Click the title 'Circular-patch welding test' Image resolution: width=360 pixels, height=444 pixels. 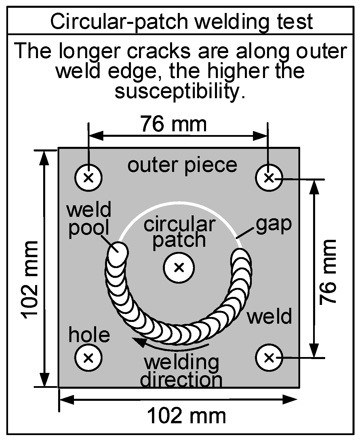click(181, 21)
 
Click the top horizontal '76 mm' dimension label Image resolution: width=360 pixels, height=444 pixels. click(174, 124)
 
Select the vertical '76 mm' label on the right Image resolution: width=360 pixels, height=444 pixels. click(328, 272)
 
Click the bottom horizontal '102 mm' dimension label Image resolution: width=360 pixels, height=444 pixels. click(187, 416)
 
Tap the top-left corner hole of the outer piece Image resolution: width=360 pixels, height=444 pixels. click(89, 178)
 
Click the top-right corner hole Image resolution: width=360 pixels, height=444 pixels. click(269, 178)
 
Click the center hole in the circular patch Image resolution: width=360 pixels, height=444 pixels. click(179, 267)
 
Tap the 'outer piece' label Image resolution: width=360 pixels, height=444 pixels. click(182, 165)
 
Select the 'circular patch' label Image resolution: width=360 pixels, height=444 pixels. click(179, 232)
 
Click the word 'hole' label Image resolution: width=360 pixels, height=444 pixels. click(89, 335)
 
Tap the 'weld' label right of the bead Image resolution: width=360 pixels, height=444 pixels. click(269, 316)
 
